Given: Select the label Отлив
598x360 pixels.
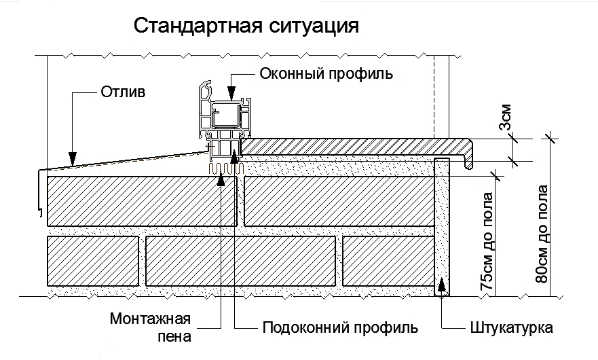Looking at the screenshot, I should (123, 92).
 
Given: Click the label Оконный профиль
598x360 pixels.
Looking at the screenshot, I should (326, 73).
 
